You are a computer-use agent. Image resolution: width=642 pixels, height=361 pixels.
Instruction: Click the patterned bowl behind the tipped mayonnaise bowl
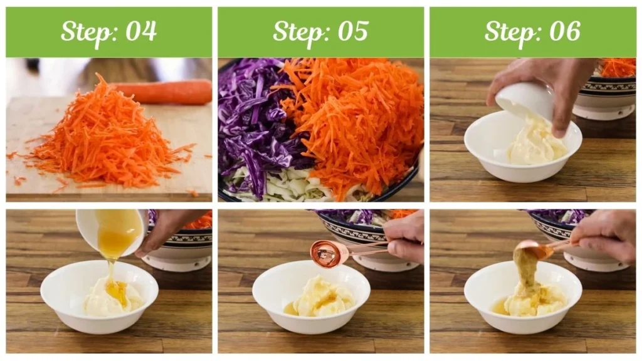pyautogui.click(x=605, y=94)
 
